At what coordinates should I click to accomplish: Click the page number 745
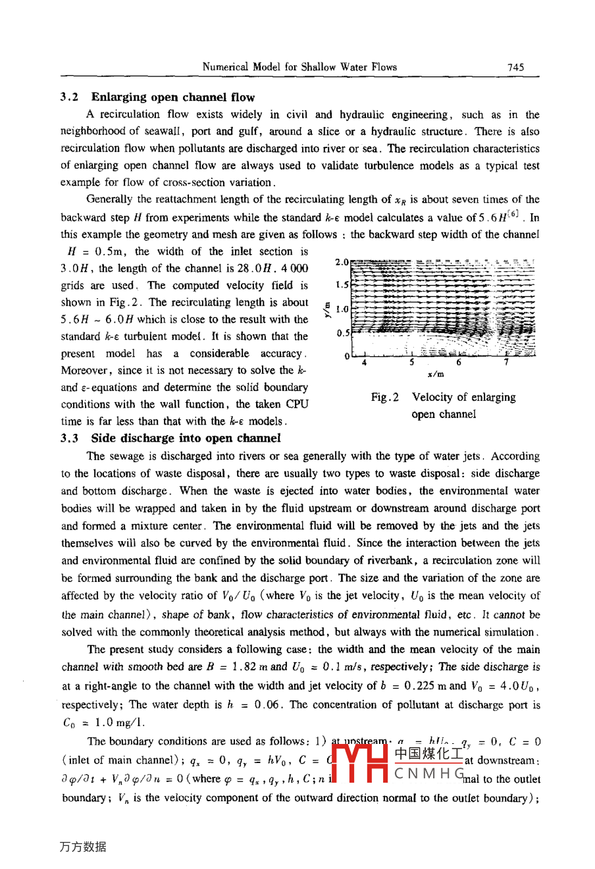point(515,66)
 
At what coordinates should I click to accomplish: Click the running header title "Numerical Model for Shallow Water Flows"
point(299,66)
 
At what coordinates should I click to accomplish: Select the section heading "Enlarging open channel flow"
point(173,97)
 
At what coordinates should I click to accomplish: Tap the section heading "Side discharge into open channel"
point(186,438)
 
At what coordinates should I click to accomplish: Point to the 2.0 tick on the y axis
point(342,262)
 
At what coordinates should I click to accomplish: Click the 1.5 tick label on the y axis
point(342,286)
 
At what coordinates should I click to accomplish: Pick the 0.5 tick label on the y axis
point(342,333)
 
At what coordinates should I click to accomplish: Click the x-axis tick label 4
point(364,362)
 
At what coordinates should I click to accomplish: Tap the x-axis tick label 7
point(506,362)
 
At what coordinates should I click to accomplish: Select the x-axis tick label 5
point(411,362)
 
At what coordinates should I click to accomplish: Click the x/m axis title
point(436,375)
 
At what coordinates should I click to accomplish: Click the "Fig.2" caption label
point(385,398)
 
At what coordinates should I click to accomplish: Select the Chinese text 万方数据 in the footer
point(82,847)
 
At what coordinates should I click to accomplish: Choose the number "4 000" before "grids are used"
point(294,269)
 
